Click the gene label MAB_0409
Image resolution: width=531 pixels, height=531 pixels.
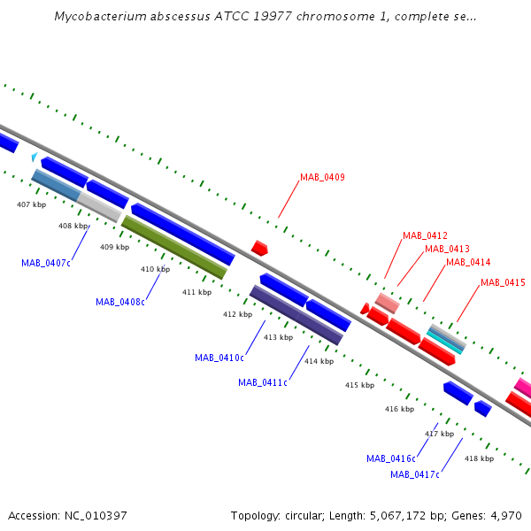point(322,178)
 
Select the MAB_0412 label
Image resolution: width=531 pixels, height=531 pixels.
point(425,235)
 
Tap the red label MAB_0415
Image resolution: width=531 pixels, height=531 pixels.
point(503,282)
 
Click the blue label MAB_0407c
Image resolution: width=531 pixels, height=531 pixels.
point(46,263)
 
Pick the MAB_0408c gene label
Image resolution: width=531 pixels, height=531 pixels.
point(120,302)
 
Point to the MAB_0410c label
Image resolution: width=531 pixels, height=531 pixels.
point(219,358)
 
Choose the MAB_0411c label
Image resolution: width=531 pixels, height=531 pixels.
point(263,382)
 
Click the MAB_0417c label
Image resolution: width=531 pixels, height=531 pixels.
point(415,474)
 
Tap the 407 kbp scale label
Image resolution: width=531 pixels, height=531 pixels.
point(32,204)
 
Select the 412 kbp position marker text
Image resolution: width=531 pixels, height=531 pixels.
point(237,314)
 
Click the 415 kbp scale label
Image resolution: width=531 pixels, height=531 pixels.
point(359,385)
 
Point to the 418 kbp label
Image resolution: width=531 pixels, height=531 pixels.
point(479,458)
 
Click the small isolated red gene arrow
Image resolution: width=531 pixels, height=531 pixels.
point(259,248)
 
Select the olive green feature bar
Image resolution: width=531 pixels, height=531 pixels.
point(174,247)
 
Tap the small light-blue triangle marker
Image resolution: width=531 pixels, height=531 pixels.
point(35,157)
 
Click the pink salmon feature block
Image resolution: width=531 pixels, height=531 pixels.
point(388,304)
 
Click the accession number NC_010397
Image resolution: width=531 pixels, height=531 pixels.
point(96,516)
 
